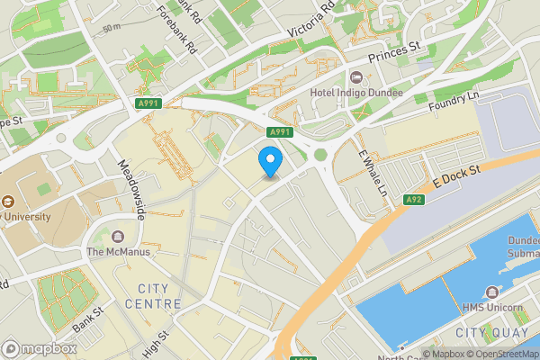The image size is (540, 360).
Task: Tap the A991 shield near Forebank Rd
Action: click(149, 104)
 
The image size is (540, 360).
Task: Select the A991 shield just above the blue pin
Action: click(280, 131)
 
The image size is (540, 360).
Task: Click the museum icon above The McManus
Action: click(118, 236)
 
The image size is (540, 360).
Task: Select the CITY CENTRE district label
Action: click(154, 296)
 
